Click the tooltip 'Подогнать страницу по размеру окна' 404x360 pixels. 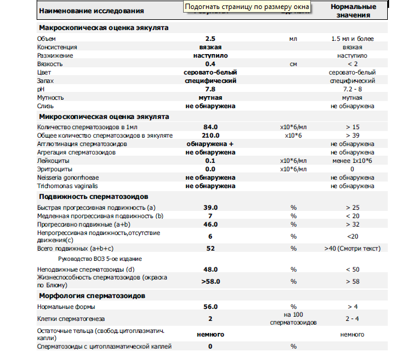pos(247,7)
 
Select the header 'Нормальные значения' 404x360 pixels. pos(354,10)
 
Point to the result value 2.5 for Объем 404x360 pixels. pos(210,38)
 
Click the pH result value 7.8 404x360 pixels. pos(210,89)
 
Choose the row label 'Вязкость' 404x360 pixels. pos(50,64)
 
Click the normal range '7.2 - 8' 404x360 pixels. pos(352,89)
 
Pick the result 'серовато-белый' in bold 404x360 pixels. pos(210,72)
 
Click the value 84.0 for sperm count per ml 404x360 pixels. pos(210,127)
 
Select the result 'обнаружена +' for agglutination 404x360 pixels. pos(210,144)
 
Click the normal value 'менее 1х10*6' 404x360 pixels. pos(352,161)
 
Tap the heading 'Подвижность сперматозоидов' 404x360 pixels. pos(93,197)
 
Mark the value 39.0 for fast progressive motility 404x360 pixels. pos(210,207)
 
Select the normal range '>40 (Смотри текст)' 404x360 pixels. pos(352,248)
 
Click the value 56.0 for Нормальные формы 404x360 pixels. pos(210,307)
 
